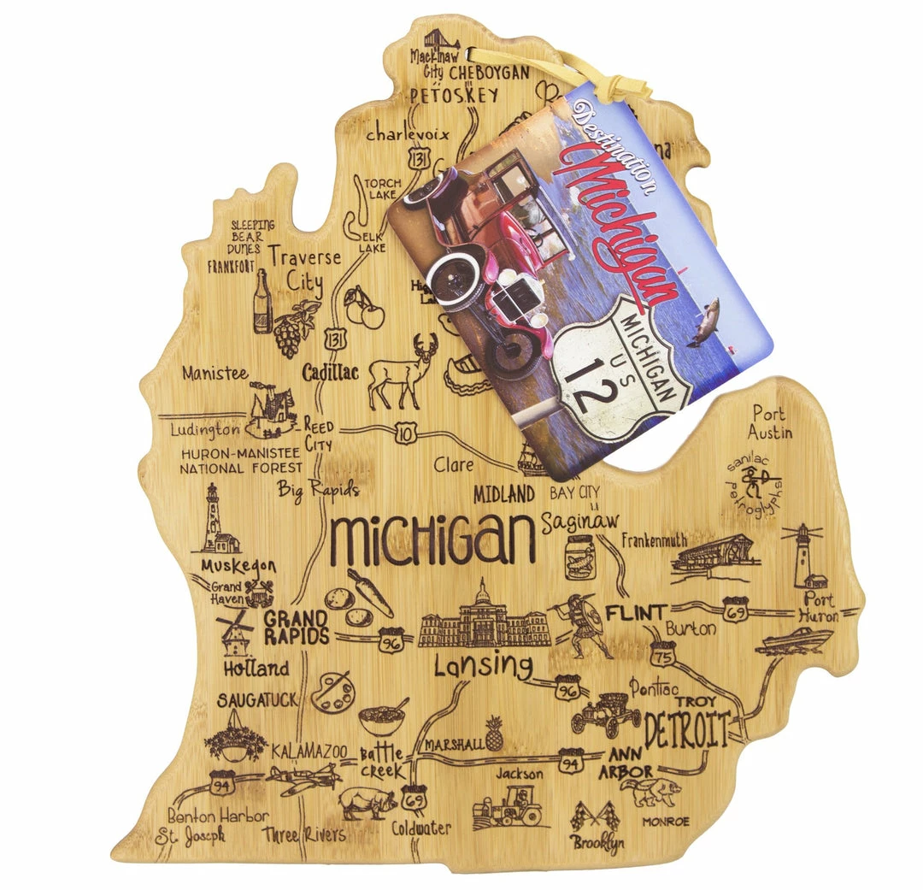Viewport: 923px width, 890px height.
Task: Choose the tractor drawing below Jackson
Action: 510,807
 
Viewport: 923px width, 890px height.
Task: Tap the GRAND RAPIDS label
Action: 296,627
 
